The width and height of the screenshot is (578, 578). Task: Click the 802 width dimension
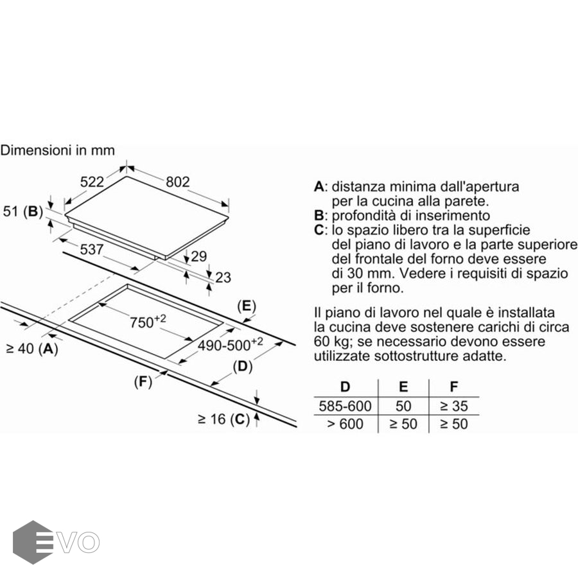[x=178, y=182]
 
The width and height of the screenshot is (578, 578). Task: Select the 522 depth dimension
[x=92, y=182]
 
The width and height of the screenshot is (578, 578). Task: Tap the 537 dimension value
[x=91, y=250]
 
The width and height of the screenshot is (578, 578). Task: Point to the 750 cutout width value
[x=148, y=322]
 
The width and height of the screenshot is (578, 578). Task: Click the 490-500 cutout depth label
[x=231, y=345]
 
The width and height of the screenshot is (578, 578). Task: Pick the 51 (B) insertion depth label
[x=23, y=211]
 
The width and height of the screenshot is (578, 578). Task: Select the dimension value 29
[x=199, y=256]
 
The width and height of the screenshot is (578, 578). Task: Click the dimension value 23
[x=223, y=277]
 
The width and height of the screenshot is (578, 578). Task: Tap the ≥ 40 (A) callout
[x=33, y=348]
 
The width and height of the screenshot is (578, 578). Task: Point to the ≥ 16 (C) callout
[x=223, y=419]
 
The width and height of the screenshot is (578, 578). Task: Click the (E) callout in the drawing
[x=247, y=306]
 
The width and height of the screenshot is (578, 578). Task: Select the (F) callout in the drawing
[x=143, y=382]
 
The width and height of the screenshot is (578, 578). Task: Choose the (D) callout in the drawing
[x=243, y=367]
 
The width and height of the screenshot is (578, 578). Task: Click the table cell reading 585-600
[x=345, y=406]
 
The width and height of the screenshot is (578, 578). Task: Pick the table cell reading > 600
[x=345, y=424]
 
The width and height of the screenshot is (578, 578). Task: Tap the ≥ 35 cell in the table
[x=454, y=406]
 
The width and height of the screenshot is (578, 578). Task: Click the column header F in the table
[x=454, y=387]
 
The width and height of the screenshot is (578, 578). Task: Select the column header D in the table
[x=345, y=387]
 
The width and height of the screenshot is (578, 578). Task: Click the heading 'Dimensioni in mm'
[x=58, y=150]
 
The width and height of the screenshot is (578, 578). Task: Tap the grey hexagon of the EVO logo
[x=33, y=542]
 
